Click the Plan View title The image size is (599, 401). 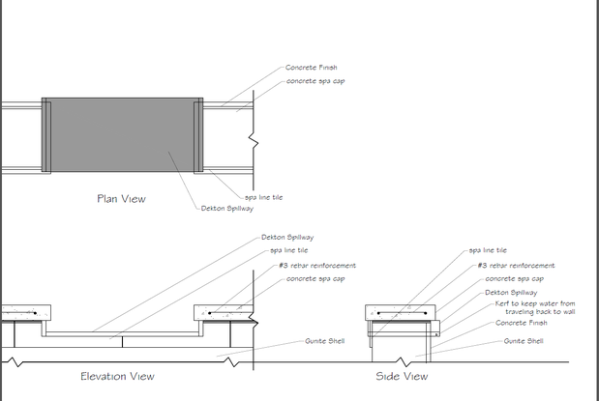[121, 199]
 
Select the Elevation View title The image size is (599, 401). [117, 376]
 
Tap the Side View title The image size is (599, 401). [402, 376]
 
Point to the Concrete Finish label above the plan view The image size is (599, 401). [311, 68]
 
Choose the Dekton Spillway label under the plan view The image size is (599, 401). [227, 207]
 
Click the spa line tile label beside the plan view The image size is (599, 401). [264, 196]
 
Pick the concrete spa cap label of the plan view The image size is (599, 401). [316, 80]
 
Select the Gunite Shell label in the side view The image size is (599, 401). [524, 341]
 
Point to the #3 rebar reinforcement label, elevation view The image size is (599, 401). [316, 265]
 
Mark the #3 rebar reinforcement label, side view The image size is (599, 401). [516, 265]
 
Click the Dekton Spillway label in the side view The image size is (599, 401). [511, 292]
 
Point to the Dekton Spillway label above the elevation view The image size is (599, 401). [287, 237]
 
